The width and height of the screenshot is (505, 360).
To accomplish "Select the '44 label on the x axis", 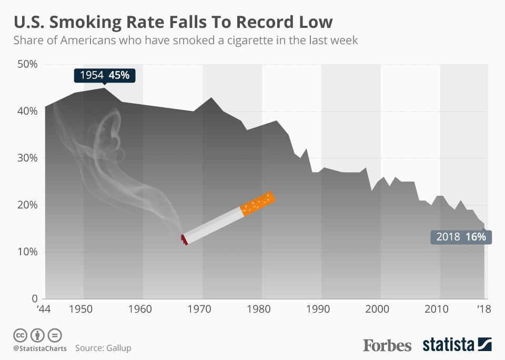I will tap(43, 309).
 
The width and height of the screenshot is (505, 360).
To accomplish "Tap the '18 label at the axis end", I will tap(483, 309).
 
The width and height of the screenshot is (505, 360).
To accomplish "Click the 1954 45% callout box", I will tap(105, 75).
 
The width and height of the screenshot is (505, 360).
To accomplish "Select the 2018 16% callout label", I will tap(460, 237).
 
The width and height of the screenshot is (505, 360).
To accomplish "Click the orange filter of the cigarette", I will tap(258, 203).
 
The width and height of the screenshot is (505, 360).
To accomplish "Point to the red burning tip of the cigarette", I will tap(184, 239).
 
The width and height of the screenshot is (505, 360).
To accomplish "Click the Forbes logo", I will tap(387, 345).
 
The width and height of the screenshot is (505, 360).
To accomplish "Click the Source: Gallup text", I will tap(103, 348).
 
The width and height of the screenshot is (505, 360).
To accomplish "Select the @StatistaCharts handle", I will tap(40, 348).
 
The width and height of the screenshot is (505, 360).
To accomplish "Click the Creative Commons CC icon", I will tap(19, 335).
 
